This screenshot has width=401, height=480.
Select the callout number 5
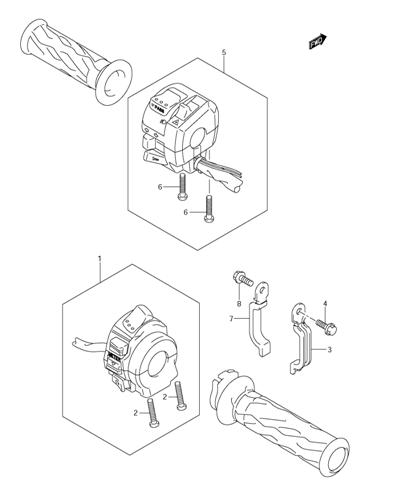[224, 51]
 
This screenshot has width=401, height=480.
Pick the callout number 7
[230, 319]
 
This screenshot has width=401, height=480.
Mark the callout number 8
[240, 302]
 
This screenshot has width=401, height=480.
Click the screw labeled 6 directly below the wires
[209, 208]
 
